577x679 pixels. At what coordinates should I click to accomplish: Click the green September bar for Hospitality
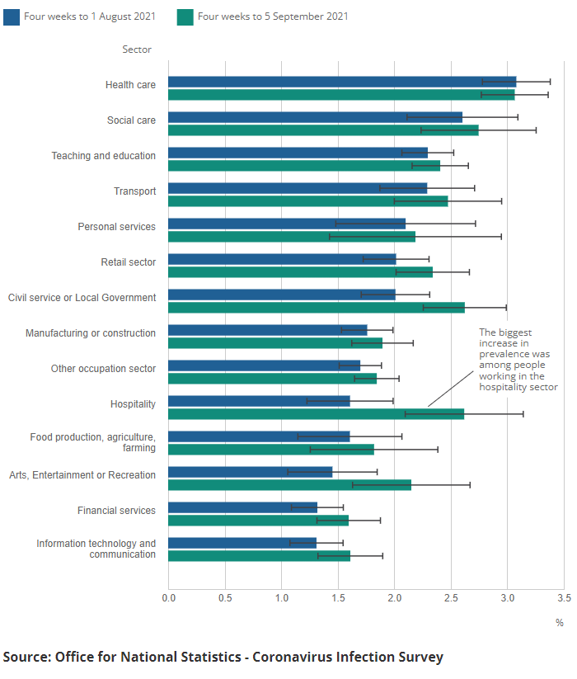[317, 414]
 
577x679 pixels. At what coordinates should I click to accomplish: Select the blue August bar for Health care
[342, 82]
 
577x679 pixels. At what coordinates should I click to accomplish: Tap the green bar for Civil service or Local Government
[317, 308]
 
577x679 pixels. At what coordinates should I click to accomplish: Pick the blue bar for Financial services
[242, 507]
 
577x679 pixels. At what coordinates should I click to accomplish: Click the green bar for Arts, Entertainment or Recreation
[290, 485]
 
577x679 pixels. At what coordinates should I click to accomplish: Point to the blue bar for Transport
[298, 188]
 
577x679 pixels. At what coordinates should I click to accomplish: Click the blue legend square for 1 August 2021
[12, 17]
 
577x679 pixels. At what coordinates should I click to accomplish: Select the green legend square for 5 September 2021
[185, 17]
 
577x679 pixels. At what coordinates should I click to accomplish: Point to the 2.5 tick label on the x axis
[451, 598]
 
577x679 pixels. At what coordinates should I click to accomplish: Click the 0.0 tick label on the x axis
[169, 598]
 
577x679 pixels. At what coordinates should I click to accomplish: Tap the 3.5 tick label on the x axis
[564, 598]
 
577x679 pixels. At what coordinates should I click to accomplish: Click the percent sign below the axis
[560, 623]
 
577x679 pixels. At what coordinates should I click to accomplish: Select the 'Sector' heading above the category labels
[137, 50]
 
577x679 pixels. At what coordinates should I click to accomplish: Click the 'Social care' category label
[132, 120]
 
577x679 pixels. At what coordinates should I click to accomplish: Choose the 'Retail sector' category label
[129, 262]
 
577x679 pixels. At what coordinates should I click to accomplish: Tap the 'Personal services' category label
[117, 227]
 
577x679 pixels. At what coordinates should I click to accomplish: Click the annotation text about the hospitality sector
[518, 360]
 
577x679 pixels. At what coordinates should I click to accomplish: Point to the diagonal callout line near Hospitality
[451, 389]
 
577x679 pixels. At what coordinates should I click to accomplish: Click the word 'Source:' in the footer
[27, 657]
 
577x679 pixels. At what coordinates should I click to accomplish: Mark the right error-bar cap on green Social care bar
[537, 130]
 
